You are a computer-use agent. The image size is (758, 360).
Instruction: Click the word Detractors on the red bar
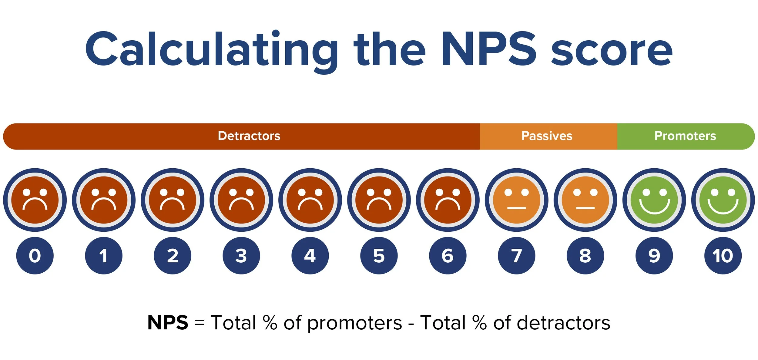(249, 136)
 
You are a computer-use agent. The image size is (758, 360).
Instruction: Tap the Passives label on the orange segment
(547, 136)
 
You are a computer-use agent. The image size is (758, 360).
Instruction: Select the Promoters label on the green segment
(685, 136)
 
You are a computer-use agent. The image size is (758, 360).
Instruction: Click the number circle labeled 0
(35, 256)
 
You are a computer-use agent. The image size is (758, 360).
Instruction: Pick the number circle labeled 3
(241, 256)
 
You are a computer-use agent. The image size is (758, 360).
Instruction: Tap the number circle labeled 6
(448, 256)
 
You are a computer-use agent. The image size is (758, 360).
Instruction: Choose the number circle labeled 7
(517, 256)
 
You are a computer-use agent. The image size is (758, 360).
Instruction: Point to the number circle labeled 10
(723, 256)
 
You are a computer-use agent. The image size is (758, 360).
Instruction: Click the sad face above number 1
(104, 200)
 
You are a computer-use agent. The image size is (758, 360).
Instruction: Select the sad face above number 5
(379, 200)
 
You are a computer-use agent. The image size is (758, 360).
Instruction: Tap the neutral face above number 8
(585, 200)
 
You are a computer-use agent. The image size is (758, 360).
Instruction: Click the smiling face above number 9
(654, 200)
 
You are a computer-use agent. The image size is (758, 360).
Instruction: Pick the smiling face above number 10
(723, 200)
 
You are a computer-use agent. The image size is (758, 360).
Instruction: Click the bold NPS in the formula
(168, 322)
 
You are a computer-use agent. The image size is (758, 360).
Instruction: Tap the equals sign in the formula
(199, 323)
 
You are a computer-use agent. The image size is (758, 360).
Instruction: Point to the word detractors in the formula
(563, 323)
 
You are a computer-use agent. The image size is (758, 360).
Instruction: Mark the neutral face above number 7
(517, 200)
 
